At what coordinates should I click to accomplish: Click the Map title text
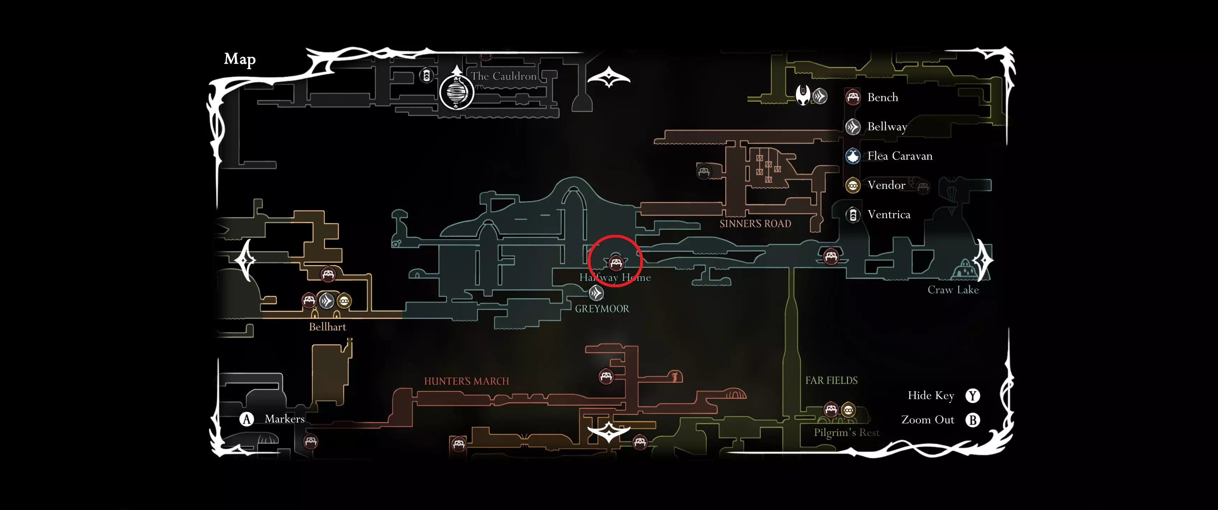[240, 59]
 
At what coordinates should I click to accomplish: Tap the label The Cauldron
[503, 76]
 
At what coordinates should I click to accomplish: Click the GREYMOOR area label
[602, 309]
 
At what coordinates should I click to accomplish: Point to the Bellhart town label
[327, 327]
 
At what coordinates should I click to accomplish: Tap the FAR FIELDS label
[831, 380]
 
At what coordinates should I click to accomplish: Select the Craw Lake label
[953, 290]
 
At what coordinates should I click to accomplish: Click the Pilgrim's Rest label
[846, 432]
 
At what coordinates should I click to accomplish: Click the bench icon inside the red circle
[616, 262]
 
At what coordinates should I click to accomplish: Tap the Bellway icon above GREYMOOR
[596, 293]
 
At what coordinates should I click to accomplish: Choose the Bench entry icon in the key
[853, 97]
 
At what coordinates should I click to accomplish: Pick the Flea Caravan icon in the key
[853, 156]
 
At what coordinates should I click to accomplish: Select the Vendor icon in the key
[853, 186]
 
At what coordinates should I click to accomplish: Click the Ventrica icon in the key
[853, 215]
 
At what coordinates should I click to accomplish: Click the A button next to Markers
[246, 419]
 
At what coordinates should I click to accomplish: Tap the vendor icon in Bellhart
[344, 301]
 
